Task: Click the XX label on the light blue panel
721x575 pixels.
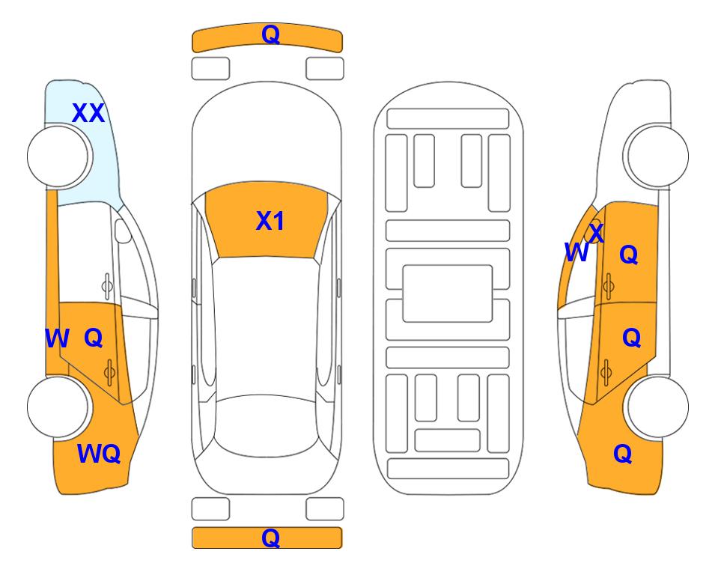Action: (88, 113)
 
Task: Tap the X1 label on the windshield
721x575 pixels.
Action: (270, 221)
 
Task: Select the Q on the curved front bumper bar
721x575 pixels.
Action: (270, 34)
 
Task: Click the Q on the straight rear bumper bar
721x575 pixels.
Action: (270, 538)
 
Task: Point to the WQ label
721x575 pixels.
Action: (99, 454)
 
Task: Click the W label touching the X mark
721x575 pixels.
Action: (577, 252)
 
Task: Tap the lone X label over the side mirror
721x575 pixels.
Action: (596, 233)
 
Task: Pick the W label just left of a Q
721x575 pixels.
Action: (57, 338)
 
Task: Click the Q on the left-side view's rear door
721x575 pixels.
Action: (94, 338)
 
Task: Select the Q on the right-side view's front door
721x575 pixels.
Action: (629, 255)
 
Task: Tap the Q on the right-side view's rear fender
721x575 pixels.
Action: (623, 454)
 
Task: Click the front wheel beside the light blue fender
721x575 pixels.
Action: (58, 156)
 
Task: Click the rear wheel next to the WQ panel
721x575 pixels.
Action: (58, 407)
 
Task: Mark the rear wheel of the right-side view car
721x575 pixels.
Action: (657, 407)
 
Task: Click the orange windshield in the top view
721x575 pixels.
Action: (267, 220)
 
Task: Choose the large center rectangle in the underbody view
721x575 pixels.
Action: (448, 293)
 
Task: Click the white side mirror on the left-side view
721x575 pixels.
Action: (123, 231)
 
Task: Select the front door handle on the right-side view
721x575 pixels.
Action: (608, 286)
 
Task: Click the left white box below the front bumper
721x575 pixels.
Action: (210, 69)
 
